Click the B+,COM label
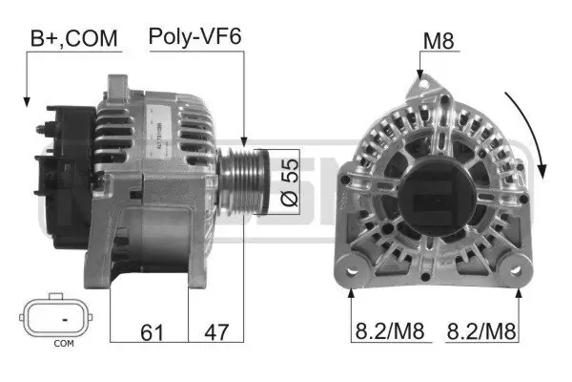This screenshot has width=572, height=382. point(74,38)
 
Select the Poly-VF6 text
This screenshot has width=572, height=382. point(194,37)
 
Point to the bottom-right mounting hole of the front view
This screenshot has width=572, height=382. point(520,271)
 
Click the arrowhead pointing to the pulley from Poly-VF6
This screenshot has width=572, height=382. point(244,140)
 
